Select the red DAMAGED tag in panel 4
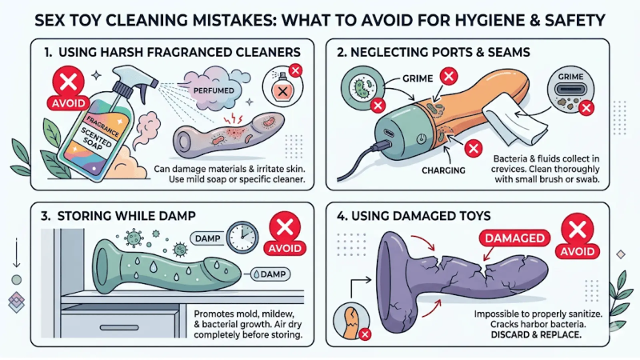(512, 238)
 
